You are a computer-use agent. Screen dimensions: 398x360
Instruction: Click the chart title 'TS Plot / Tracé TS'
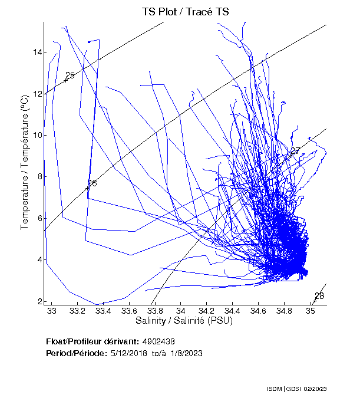pos(186,12)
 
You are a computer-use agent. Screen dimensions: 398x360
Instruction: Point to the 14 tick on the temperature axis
pos(38,52)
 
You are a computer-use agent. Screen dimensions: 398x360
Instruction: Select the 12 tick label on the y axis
pos(38,94)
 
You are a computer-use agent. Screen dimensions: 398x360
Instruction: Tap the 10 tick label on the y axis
pos(38,135)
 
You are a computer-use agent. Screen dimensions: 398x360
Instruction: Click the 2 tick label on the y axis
pos(39,301)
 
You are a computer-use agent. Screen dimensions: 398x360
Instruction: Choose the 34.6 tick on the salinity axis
pos(258,310)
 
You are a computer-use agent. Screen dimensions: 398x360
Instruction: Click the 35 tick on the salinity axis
pos(310,310)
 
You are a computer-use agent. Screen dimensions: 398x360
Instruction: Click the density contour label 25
pos(70,75)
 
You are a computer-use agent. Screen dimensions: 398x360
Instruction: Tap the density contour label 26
pos(92,183)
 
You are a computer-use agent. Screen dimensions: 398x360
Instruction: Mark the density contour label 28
pos(319,296)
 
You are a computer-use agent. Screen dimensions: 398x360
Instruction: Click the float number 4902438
pos(158,342)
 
